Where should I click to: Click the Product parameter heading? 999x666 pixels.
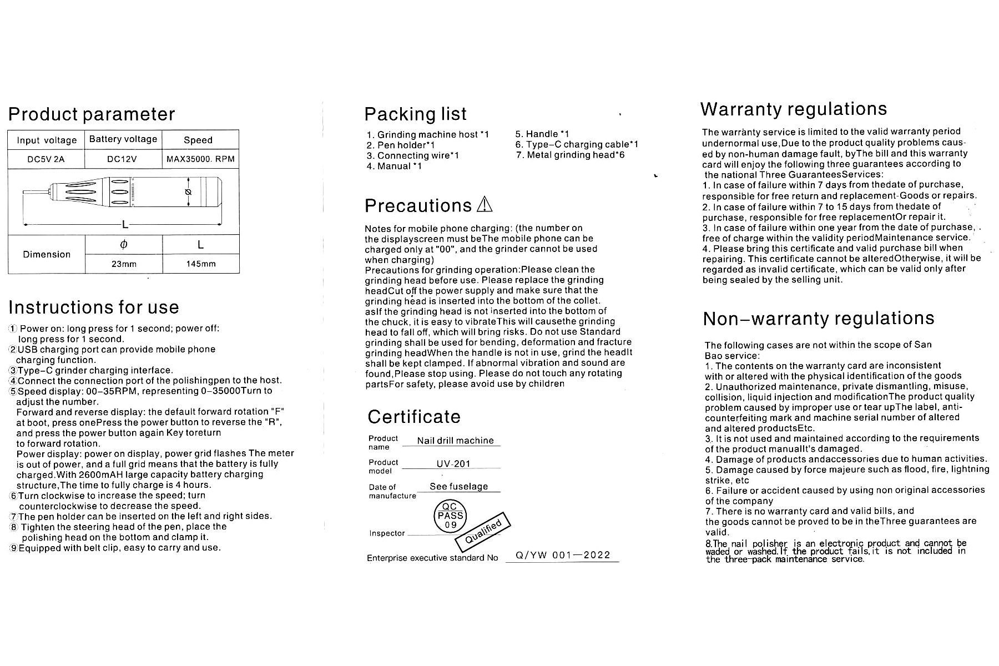click(92, 114)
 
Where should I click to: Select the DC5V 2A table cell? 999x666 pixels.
click(46, 159)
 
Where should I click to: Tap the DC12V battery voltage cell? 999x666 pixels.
click(122, 159)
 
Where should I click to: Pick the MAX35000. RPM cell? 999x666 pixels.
click(200, 159)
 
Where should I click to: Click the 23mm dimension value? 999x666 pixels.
click(124, 264)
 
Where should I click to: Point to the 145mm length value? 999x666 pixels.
click(201, 264)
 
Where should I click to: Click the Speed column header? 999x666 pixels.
click(198, 140)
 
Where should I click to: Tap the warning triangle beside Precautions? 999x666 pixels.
click(485, 204)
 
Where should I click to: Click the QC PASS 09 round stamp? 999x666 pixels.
click(450, 516)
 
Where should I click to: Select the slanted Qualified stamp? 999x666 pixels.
click(483, 531)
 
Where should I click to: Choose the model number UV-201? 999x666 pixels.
click(453, 464)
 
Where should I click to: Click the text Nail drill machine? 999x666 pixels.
click(455, 441)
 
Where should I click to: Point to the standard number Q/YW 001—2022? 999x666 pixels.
click(563, 555)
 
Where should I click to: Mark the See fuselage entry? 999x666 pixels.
click(458, 487)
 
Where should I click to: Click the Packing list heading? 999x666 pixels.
click(415, 114)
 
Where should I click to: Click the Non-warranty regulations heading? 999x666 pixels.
click(818, 319)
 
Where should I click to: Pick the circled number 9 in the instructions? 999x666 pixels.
click(14, 548)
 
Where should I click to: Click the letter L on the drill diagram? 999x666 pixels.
click(125, 225)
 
